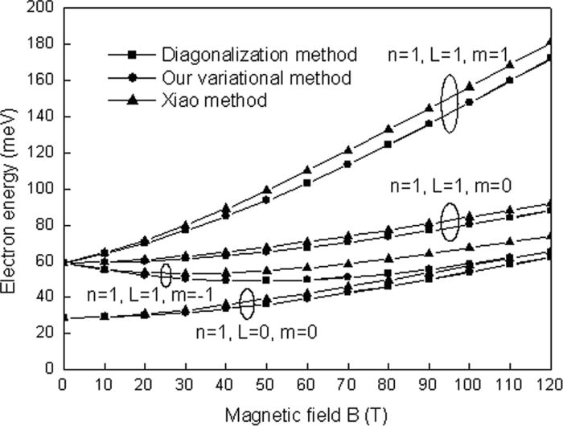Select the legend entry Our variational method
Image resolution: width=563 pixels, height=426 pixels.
256,78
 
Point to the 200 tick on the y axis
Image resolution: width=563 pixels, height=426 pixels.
41,9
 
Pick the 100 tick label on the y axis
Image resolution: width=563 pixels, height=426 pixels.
41,189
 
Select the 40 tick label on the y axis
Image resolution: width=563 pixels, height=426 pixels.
44,297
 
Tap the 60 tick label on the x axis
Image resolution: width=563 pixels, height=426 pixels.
306,383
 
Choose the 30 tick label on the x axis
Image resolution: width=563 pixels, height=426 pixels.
185,383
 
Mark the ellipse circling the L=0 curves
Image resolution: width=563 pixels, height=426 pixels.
248,303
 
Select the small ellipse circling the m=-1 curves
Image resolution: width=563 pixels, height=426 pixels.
166,275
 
